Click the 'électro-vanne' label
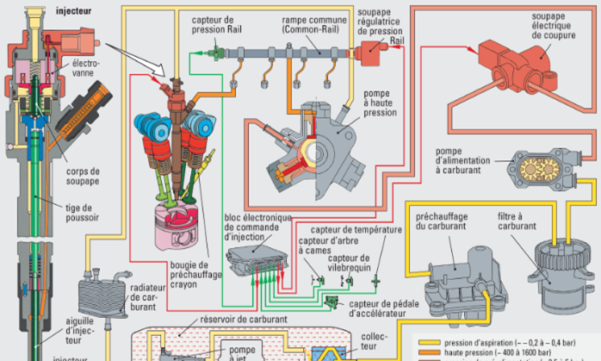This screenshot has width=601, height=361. coord(86,68)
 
